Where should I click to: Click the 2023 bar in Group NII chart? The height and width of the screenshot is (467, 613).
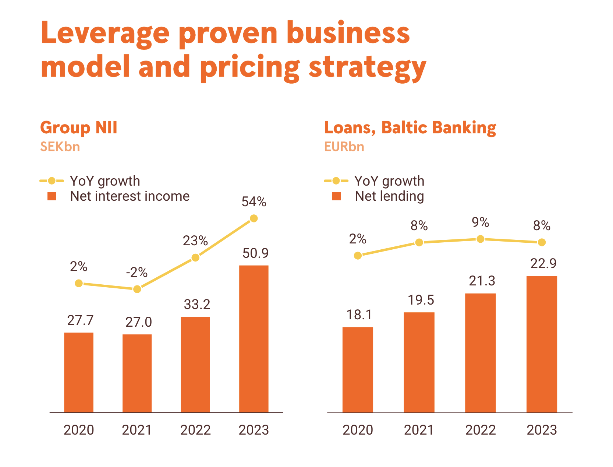pyautogui.click(x=254, y=339)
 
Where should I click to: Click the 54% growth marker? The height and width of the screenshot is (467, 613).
pyautogui.click(x=254, y=218)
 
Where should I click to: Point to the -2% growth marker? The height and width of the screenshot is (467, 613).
pyautogui.click(x=137, y=289)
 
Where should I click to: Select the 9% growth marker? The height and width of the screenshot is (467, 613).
pyautogui.click(x=480, y=239)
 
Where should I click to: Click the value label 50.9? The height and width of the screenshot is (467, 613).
pyautogui.click(x=255, y=253)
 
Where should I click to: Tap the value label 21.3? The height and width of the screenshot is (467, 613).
pyautogui.click(x=482, y=281)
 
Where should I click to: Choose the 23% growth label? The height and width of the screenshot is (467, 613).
pyautogui.click(x=195, y=241)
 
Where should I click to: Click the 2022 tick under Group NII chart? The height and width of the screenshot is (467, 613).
pyautogui.click(x=195, y=430)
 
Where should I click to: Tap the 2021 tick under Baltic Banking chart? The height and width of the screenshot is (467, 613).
pyautogui.click(x=419, y=430)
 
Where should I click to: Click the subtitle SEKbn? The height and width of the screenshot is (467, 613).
pyautogui.click(x=60, y=147)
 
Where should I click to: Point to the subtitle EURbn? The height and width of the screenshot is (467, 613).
pyautogui.click(x=344, y=147)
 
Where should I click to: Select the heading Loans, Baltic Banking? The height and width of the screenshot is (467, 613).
pyautogui.click(x=410, y=127)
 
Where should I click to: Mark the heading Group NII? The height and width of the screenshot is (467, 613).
pyautogui.click(x=79, y=127)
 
